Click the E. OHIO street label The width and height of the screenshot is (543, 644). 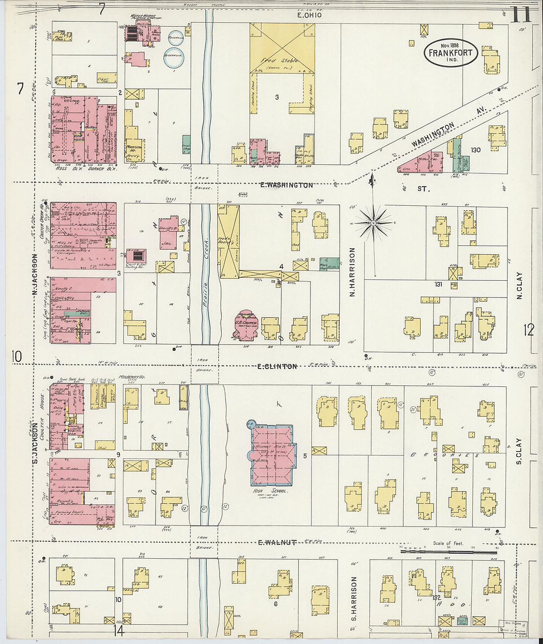[310, 15]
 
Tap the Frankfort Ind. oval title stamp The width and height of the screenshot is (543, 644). [450, 53]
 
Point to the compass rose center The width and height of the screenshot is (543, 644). [374, 223]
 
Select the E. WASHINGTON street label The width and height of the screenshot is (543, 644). [286, 185]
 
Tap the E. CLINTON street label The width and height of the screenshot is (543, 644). [277, 367]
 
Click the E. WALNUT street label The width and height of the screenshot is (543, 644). [277, 542]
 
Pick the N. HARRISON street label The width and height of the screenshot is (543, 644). [352, 272]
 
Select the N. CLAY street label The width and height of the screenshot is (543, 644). [519, 286]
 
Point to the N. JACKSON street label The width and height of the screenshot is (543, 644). [35, 274]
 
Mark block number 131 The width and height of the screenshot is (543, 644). [438, 284]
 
